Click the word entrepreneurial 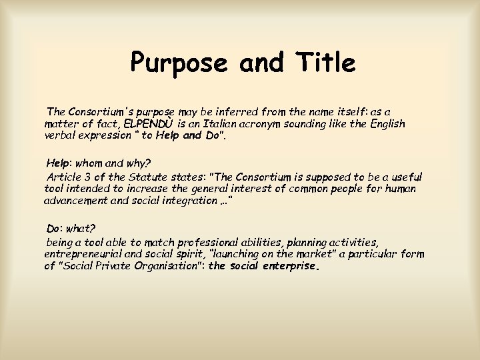tap(83, 255)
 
